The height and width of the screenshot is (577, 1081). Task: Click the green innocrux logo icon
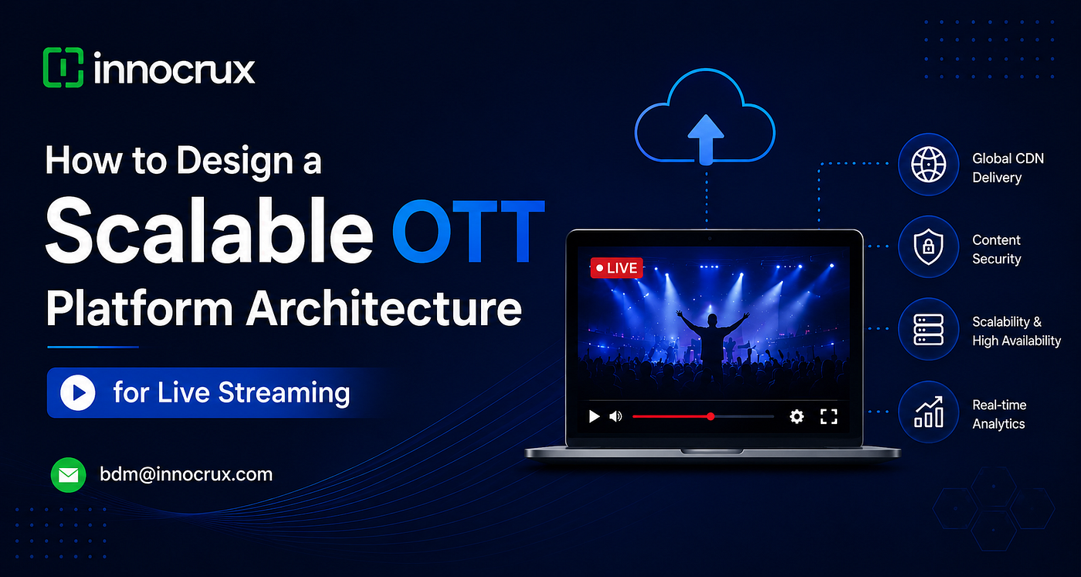pos(63,68)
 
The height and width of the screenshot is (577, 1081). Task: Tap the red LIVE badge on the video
pos(616,268)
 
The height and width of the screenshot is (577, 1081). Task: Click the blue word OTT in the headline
pos(468,231)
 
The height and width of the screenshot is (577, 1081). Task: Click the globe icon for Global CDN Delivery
pos(928,165)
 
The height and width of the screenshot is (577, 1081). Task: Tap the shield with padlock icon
pos(928,246)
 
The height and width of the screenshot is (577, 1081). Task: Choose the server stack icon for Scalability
pos(928,329)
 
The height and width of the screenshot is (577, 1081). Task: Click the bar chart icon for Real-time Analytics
pos(928,412)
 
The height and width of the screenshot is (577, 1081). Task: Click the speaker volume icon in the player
pos(615,416)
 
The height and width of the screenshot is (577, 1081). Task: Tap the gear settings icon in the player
pos(797,416)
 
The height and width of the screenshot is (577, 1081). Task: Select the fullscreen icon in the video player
pos(829,416)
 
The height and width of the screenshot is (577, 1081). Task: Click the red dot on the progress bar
pos(710,416)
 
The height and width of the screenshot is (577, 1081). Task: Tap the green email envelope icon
pos(69,475)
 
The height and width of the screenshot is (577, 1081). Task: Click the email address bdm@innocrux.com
pos(186,474)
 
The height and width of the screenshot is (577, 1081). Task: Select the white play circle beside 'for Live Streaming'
pos(78,393)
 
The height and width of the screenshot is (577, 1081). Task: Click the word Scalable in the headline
pos(209,231)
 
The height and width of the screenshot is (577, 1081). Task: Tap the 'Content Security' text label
pos(997,249)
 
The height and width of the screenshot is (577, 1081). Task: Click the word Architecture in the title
pos(385,308)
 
